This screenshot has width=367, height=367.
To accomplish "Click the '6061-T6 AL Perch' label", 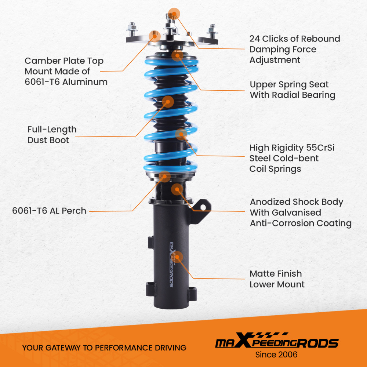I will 49,211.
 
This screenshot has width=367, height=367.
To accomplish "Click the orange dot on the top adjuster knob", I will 174,14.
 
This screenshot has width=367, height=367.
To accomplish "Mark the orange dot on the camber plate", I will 154,36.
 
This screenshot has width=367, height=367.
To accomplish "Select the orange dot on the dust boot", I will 168,102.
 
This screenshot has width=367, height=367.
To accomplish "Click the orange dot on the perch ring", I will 165,177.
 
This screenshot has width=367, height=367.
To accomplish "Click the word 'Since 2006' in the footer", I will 276,355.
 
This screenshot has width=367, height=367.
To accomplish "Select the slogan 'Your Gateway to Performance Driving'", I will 104,348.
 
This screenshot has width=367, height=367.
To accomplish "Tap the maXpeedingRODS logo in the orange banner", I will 276,342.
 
